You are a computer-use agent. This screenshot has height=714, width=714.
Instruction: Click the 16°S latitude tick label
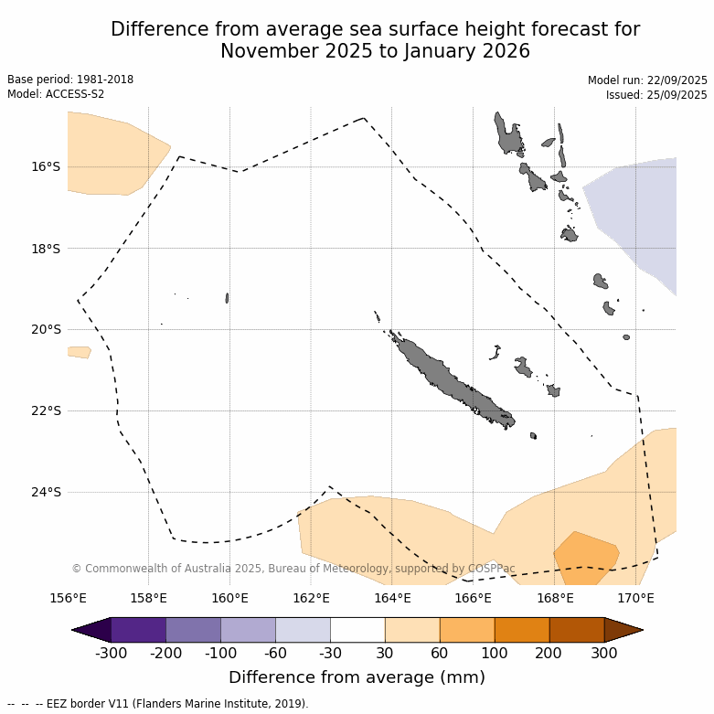coord(46,166)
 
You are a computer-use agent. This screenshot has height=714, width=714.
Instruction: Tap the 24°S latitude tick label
coord(46,492)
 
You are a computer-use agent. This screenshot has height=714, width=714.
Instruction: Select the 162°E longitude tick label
coord(311,599)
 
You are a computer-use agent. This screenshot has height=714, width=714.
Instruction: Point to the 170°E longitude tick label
coord(635,599)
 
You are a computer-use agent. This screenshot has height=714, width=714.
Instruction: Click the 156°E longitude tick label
coord(68,599)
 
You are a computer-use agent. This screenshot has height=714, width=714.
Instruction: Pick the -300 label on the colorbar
coord(111,653)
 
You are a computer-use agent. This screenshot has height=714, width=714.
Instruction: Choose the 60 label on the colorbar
coord(440,653)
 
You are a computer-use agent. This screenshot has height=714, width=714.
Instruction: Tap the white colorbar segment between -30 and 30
coord(357,630)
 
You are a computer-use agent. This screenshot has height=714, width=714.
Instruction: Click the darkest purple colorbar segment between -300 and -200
coord(138,630)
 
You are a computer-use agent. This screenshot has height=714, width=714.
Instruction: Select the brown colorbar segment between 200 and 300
coord(577,630)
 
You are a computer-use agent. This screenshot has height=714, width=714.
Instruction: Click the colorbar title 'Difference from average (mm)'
coord(357,677)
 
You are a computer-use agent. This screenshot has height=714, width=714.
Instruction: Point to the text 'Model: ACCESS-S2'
coord(56,94)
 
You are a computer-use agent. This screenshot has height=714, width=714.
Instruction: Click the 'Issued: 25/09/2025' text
coord(656,95)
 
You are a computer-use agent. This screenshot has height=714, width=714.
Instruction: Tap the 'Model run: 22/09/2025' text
coord(647,80)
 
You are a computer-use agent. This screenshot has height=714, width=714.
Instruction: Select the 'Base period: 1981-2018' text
coord(70,80)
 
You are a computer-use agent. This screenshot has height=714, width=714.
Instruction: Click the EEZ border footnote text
coord(157,704)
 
